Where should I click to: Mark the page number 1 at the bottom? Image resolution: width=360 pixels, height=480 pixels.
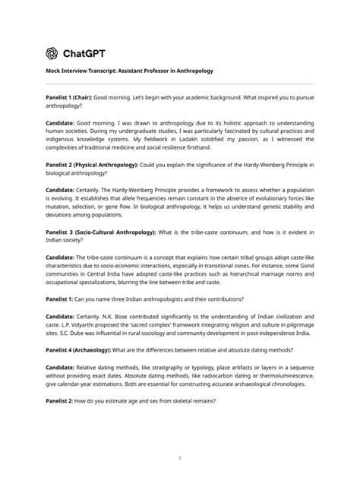(180, 458)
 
